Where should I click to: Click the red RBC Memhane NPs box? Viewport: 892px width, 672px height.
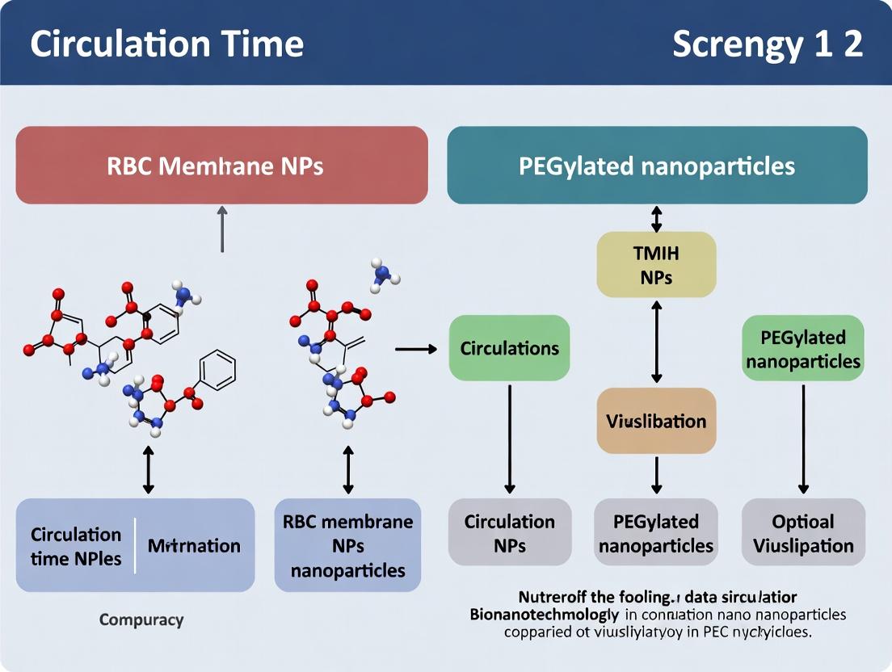click(x=221, y=166)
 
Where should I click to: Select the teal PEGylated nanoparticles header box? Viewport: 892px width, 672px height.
click(x=657, y=166)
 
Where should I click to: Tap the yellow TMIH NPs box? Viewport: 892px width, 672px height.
click(x=656, y=265)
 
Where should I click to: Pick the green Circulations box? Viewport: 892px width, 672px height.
click(x=509, y=348)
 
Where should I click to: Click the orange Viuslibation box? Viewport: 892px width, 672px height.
click(x=656, y=421)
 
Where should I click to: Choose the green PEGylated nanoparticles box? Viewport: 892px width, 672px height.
click(x=803, y=348)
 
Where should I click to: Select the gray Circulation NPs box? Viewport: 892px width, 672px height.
click(x=509, y=533)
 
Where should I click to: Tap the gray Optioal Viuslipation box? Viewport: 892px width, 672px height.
click(x=803, y=533)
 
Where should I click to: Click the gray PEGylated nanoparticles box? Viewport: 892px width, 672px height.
click(x=656, y=533)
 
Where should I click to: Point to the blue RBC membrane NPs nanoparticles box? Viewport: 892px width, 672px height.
click(x=347, y=545)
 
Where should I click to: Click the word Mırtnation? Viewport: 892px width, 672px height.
click(x=194, y=545)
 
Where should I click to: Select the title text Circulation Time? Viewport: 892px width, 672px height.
click(x=167, y=44)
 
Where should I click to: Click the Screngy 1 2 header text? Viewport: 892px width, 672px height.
click(x=767, y=44)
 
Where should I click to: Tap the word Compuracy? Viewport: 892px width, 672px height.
click(x=141, y=620)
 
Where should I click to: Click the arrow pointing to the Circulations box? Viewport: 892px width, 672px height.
click(x=415, y=349)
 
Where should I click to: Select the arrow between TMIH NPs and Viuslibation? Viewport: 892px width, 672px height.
click(x=656, y=341)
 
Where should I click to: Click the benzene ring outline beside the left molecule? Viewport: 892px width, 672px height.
click(x=217, y=371)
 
